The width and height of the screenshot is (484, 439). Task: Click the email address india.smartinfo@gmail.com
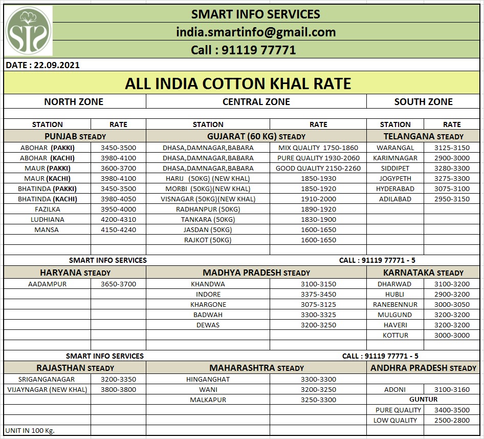(x=256, y=32)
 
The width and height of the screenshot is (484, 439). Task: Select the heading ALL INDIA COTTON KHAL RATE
(x=238, y=83)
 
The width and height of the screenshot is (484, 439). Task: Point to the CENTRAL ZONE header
(x=256, y=102)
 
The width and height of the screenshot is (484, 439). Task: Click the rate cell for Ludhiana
(x=118, y=220)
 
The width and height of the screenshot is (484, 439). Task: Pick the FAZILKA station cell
(x=47, y=210)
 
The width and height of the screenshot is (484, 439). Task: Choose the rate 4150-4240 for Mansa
(x=118, y=230)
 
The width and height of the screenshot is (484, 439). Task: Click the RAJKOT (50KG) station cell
(x=208, y=240)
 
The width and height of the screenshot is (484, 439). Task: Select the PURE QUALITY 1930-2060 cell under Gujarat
(x=318, y=158)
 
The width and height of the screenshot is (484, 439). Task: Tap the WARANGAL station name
(x=395, y=148)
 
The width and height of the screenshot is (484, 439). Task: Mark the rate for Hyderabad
(x=452, y=189)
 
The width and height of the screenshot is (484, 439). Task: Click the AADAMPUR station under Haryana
(x=47, y=284)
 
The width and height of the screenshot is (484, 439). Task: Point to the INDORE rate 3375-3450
(x=318, y=295)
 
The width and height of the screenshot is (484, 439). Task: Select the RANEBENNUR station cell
(x=395, y=305)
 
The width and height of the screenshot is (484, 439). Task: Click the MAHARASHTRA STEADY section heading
(x=256, y=368)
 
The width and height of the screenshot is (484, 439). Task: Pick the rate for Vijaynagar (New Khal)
(x=118, y=390)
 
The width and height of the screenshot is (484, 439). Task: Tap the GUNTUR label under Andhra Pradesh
(x=423, y=400)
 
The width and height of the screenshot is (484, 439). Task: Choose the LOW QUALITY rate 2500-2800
(x=452, y=421)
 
